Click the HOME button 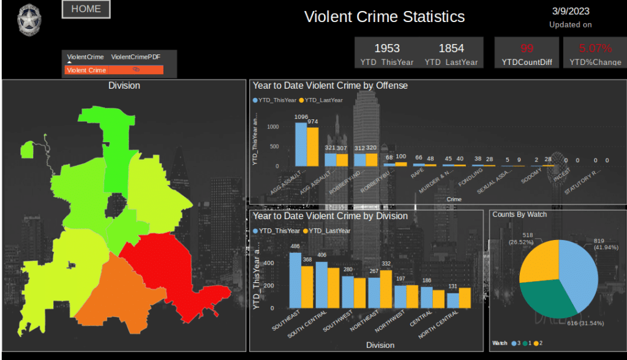point(86,9)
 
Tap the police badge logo point(28,21)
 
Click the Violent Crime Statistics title point(385,17)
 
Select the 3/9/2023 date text point(570,11)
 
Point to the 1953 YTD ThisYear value point(387,48)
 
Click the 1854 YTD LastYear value point(451,48)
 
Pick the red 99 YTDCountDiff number point(527,48)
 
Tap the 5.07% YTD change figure point(595,48)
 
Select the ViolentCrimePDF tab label point(135,57)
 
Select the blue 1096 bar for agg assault point(301,144)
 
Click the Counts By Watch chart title point(519,214)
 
